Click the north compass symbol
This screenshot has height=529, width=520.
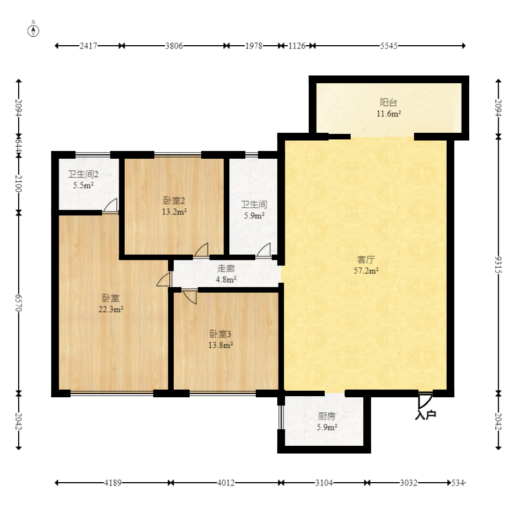pyautogui.click(x=33, y=30)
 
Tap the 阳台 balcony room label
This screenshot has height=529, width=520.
pyautogui.click(x=388, y=102)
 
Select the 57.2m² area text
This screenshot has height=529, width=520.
pyautogui.click(x=366, y=271)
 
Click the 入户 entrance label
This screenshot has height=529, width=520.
pyautogui.click(x=426, y=415)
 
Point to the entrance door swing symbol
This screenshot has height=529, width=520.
pyautogui.click(x=425, y=401)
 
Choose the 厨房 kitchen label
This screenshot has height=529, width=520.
pyautogui.click(x=326, y=417)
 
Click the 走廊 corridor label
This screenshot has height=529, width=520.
pyautogui.click(x=226, y=268)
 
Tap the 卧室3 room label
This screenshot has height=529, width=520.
pyautogui.click(x=220, y=334)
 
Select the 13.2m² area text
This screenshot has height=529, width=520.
pyautogui.click(x=174, y=212)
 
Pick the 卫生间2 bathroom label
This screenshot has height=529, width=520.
pyautogui.click(x=83, y=174)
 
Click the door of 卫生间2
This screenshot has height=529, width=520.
pyautogui.click(x=110, y=206)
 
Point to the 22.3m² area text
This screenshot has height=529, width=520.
pyautogui.click(x=111, y=309)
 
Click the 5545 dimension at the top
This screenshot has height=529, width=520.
pyautogui.click(x=389, y=46)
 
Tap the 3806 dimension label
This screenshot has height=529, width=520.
pyautogui.click(x=174, y=46)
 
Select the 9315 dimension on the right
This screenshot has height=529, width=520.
pyautogui.click(x=498, y=265)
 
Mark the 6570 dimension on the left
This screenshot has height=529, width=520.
pyautogui.click(x=19, y=303)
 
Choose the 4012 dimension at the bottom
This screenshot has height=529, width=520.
pyautogui.click(x=226, y=483)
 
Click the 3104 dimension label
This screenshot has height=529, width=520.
pyautogui.click(x=324, y=483)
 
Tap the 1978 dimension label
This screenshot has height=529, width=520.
pyautogui.click(x=254, y=46)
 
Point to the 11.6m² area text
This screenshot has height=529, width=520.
pyautogui.click(x=389, y=114)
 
